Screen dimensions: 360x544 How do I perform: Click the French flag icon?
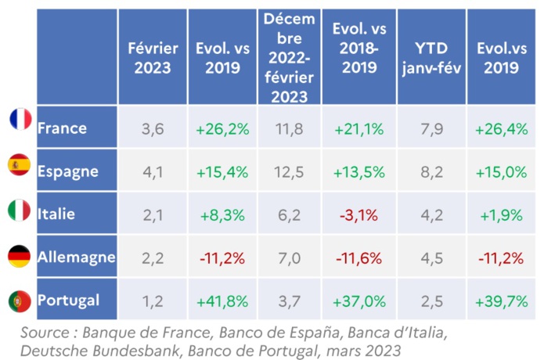[x=20, y=120]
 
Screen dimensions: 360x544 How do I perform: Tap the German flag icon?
[x=20, y=257]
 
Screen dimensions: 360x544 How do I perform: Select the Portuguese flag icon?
[x=20, y=301]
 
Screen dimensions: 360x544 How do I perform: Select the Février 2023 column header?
[x=153, y=57]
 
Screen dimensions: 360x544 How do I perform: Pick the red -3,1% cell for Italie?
[x=359, y=213]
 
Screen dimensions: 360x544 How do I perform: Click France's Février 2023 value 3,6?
[x=153, y=127]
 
